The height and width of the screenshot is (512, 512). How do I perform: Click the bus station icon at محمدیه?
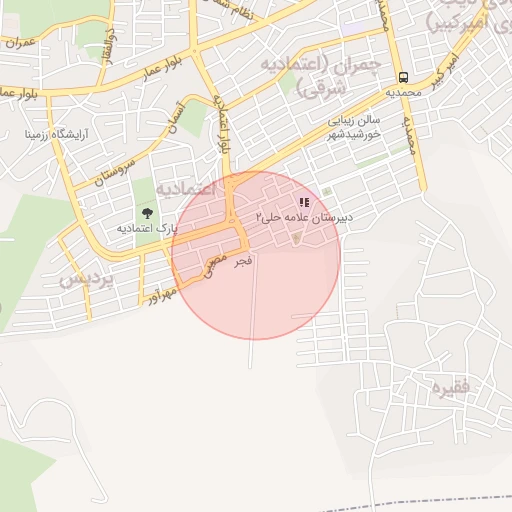pyautogui.click(x=403, y=77)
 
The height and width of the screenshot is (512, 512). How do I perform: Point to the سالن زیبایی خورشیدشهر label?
pyautogui.click(x=354, y=125)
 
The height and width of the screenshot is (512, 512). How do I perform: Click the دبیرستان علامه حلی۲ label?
pyautogui.click(x=300, y=216)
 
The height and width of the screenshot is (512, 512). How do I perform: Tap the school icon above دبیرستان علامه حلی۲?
pyautogui.click(x=304, y=202)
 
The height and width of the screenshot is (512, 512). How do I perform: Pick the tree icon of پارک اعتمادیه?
pyautogui.click(x=148, y=213)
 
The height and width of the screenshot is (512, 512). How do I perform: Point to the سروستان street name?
pyautogui.click(x=113, y=162)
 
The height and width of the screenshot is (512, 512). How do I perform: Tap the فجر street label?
pyautogui.click(x=242, y=261)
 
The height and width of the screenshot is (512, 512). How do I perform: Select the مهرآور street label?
pyautogui.click(x=161, y=294)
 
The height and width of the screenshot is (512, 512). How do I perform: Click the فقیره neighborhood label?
pyautogui.click(x=447, y=385)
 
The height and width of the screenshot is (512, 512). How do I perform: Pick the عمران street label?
pyautogui.click(x=19, y=42)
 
